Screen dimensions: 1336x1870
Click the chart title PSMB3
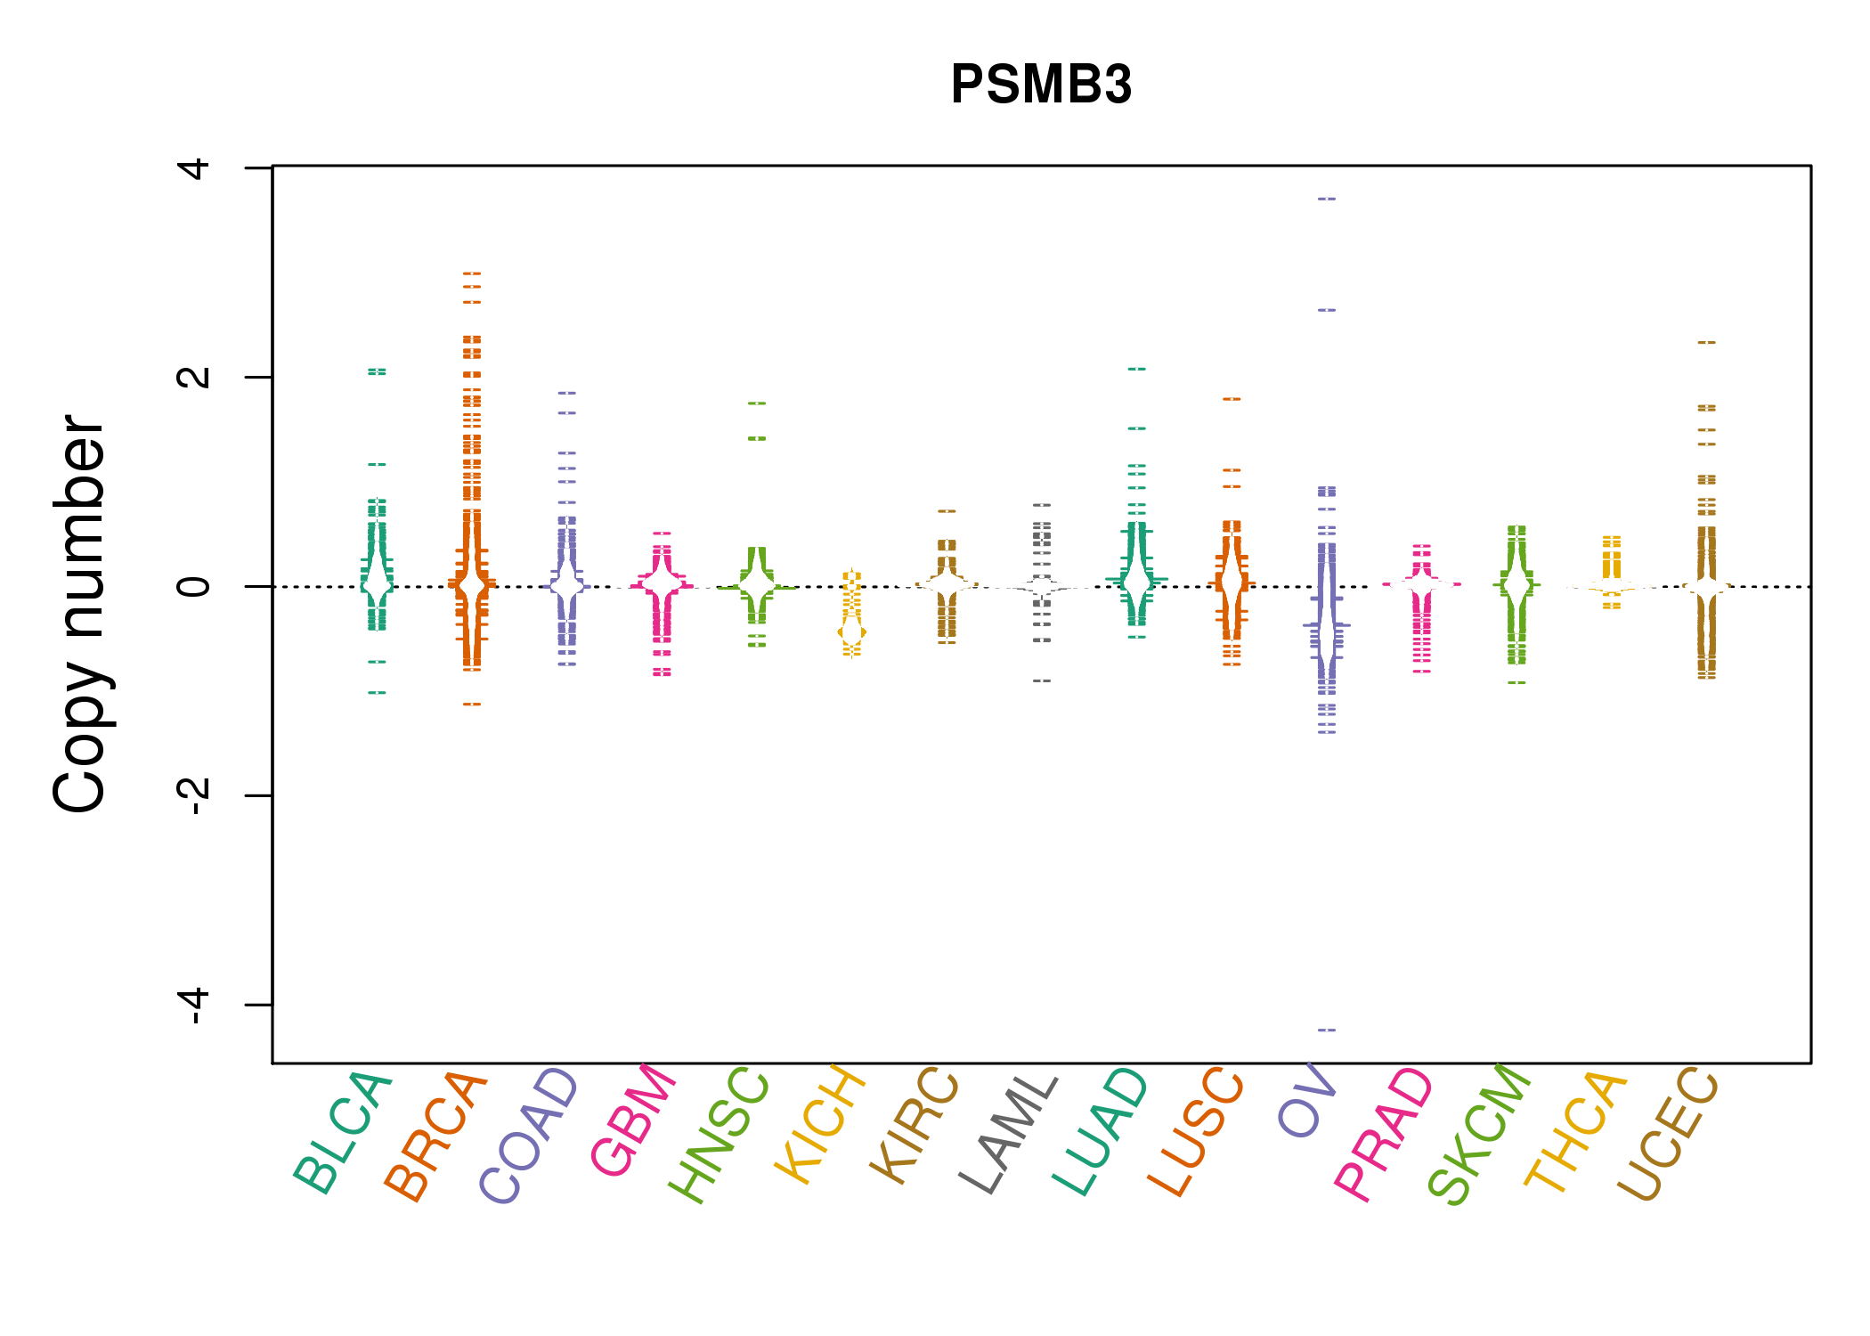coord(1040,85)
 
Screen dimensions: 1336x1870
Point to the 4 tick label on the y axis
coord(194,167)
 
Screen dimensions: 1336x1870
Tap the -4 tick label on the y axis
coord(194,1005)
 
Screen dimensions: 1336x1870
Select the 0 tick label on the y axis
coord(194,586)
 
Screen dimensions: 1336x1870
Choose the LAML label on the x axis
coord(1009,1133)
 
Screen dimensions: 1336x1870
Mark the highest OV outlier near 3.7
coord(1327,199)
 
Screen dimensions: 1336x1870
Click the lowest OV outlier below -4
coord(1327,1030)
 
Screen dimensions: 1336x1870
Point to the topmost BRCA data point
coord(472,273)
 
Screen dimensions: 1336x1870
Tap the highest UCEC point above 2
coord(1706,342)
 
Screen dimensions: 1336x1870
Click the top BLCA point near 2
coord(377,371)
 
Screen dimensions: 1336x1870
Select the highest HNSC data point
coord(757,403)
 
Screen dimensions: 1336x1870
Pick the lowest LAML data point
coord(1042,680)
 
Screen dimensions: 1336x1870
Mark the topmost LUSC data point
coord(1232,399)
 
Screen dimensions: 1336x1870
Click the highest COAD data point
coord(567,393)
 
